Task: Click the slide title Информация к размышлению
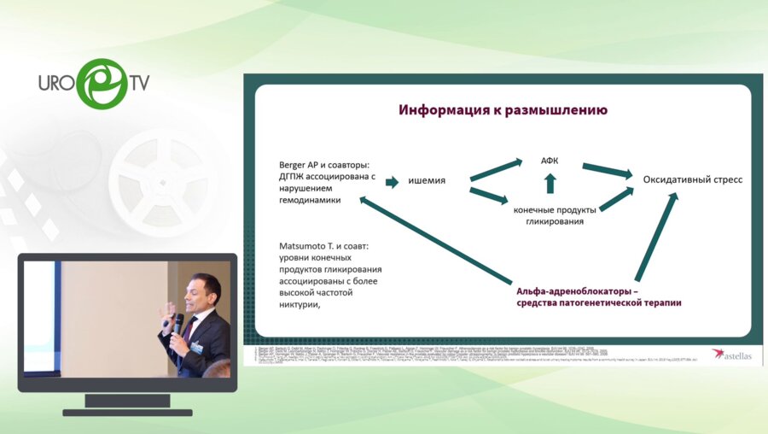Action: click(x=503, y=110)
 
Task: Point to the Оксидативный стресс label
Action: click(x=686, y=179)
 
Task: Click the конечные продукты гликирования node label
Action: click(x=548, y=214)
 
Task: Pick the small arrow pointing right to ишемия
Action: click(x=392, y=181)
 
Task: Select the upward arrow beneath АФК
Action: click(x=550, y=182)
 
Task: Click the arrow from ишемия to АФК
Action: click(x=497, y=168)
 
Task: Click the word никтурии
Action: click(x=299, y=304)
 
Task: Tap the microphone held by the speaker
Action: click(x=178, y=322)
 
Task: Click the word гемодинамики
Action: click(x=310, y=200)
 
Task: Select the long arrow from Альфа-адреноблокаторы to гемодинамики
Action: click(x=435, y=241)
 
